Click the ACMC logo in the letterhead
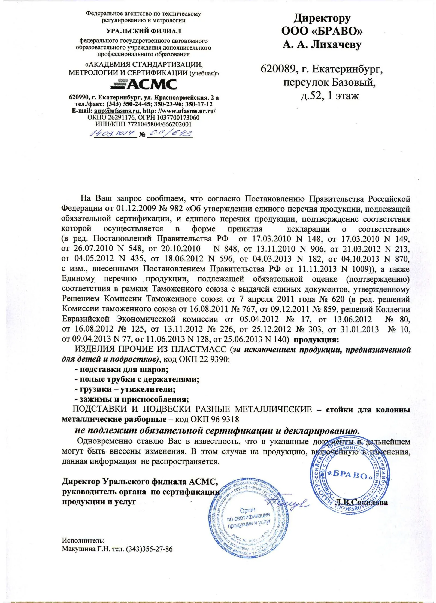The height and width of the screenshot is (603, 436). coord(144,84)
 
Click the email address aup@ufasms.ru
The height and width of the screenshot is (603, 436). coord(117,111)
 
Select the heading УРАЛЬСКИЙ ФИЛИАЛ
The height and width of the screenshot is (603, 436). coord(144,31)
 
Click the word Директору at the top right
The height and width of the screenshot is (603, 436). coord(322,18)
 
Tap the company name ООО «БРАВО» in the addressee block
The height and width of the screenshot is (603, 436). coord(322,31)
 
